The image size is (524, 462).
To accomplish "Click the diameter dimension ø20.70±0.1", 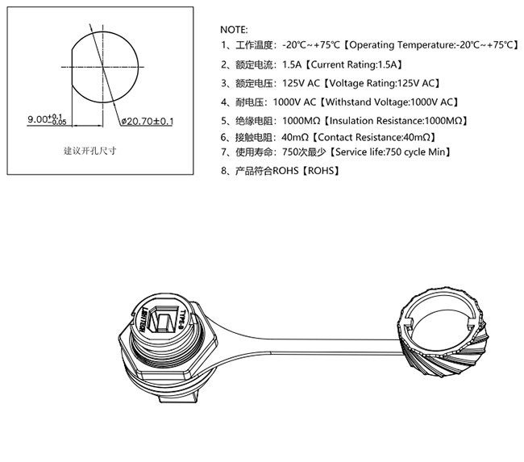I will tap(148, 121).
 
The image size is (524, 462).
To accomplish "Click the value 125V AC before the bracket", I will tap(300, 83).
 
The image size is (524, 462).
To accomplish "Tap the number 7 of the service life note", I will tap(224, 152).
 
